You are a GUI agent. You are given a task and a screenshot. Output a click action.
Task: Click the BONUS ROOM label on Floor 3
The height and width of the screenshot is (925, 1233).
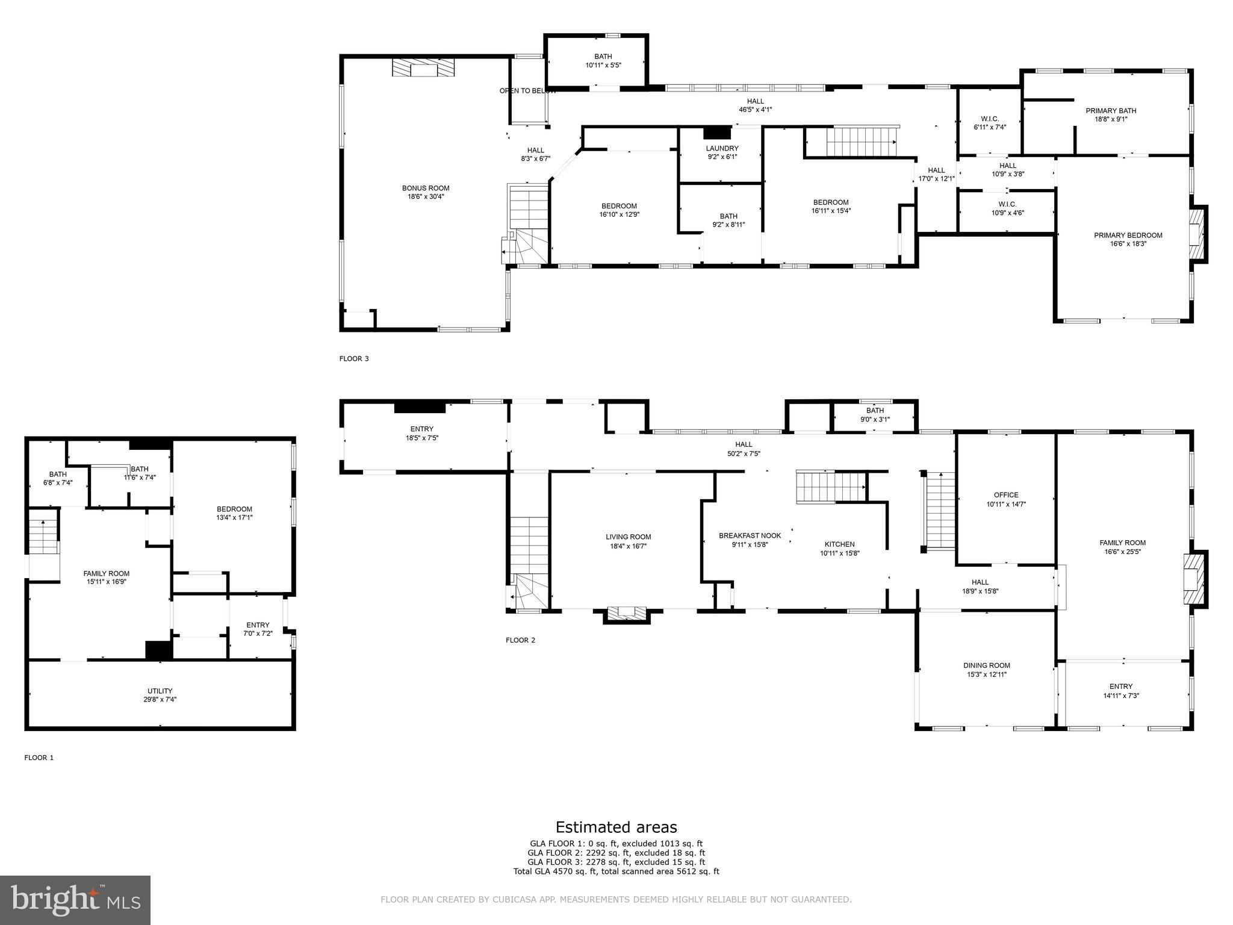point(426,188)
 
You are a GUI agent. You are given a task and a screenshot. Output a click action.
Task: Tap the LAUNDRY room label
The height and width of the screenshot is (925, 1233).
point(722,149)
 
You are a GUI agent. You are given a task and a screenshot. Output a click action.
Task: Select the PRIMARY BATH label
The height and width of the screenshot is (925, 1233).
point(1111,111)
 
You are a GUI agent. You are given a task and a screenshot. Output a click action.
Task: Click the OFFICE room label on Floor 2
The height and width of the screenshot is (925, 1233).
point(1006,495)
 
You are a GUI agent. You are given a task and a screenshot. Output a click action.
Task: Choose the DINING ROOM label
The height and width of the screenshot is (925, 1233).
point(986,665)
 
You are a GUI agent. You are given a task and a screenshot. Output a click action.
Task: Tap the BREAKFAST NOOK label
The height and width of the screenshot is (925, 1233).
point(750,535)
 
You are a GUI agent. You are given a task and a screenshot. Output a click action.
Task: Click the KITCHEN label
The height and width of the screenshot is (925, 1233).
point(839,544)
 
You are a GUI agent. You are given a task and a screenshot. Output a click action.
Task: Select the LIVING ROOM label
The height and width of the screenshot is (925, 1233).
point(628,537)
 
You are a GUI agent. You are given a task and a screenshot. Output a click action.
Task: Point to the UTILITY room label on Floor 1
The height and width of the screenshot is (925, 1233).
point(160,691)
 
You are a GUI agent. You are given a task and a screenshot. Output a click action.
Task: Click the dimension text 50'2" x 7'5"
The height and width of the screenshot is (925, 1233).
point(744,453)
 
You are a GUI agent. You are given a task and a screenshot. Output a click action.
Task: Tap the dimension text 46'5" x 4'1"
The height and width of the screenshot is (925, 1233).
point(755,110)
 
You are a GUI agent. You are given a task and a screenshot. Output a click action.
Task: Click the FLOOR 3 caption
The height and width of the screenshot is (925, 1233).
point(354,359)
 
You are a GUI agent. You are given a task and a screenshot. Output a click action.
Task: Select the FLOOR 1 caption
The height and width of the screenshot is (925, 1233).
point(39,758)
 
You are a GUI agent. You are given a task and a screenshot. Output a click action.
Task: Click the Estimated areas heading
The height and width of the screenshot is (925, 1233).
point(616,827)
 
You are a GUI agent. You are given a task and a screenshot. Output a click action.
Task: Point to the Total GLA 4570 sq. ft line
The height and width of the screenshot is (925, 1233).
point(616,871)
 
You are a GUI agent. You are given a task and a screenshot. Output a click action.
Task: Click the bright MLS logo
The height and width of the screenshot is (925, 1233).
point(75,900)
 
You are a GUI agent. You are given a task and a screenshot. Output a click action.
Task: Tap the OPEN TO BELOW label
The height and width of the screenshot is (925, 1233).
point(527,91)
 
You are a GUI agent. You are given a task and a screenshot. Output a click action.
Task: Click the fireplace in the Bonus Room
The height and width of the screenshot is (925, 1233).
point(423,68)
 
